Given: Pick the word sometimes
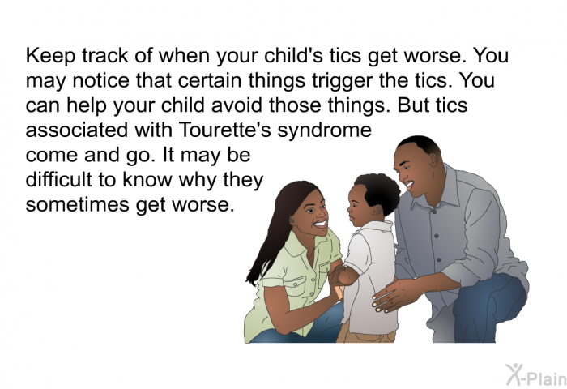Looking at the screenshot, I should (78, 205).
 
